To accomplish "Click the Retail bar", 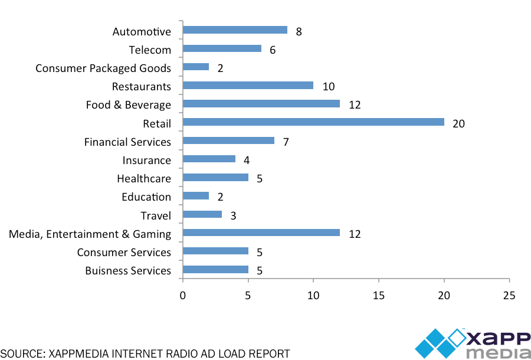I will (313, 122).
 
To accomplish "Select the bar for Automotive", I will (235, 30).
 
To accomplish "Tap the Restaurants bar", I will (248, 86).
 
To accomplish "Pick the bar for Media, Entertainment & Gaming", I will (261, 233).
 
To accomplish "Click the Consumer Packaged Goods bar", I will (196, 67).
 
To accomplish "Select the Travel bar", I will (202, 214).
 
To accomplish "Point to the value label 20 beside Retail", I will (458, 123).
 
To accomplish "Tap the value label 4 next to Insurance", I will (247, 160).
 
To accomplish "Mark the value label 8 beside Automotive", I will (299, 32).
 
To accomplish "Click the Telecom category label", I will (150, 50).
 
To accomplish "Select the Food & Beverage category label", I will (128, 105).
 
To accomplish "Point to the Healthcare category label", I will (144, 179).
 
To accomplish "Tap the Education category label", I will (146, 197).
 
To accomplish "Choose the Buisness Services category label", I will (128, 271).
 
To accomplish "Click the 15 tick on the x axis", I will (379, 294).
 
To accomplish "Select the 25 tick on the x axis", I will (509, 294).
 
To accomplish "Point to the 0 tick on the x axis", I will (183, 294).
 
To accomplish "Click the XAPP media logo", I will (473, 343).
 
